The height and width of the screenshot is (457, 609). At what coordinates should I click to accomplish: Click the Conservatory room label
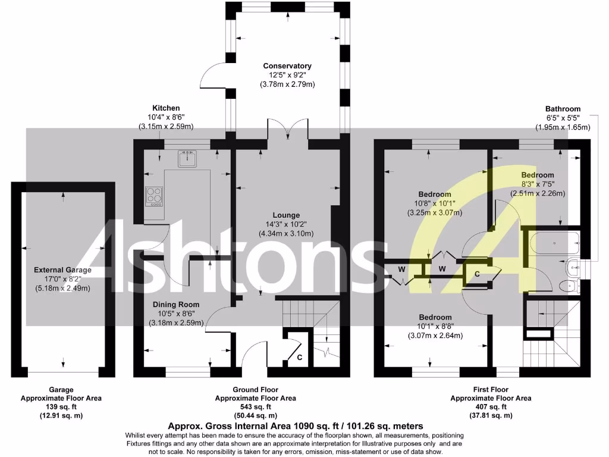pos(287,66)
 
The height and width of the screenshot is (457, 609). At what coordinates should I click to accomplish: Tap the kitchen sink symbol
pos(187,158)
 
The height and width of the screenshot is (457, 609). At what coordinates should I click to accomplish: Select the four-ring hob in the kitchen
pos(155,196)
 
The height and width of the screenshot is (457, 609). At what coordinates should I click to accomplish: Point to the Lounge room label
pos(286,215)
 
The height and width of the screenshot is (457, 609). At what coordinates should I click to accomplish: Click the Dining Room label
pos(177,304)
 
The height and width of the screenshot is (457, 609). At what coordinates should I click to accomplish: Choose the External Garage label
pos(62,270)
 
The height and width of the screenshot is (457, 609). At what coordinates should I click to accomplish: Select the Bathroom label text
pos(563,109)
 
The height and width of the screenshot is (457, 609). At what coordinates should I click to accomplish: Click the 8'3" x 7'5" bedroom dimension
pos(538,184)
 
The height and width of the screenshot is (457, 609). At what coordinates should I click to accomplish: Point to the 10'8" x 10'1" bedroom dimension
pos(435,204)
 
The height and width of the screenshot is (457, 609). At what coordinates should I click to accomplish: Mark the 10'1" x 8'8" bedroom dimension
pos(435,326)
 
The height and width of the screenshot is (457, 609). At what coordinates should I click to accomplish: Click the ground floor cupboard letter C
pos(300,358)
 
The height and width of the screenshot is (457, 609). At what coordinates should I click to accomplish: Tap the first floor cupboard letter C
pos(477,274)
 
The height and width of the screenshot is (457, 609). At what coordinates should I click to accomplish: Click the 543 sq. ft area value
pos(255,407)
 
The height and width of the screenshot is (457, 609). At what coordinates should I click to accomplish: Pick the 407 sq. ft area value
pos(491,407)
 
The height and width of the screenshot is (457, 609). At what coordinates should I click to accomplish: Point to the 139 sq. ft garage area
pos(61,407)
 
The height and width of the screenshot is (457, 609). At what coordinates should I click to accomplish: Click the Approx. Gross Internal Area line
pos(296,426)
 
